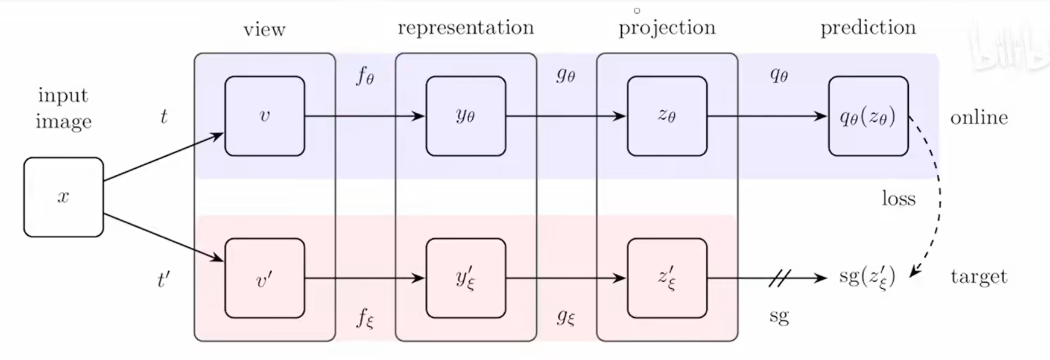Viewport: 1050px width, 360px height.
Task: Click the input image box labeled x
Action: click(x=63, y=197)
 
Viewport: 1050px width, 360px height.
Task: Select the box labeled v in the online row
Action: click(x=265, y=116)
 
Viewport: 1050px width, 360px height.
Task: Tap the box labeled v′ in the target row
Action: click(x=265, y=278)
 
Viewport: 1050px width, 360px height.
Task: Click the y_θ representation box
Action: click(x=466, y=116)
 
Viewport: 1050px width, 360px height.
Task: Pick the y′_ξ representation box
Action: click(x=466, y=278)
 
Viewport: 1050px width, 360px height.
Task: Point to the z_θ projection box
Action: click(x=667, y=116)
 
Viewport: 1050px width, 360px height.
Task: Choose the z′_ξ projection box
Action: click(x=667, y=278)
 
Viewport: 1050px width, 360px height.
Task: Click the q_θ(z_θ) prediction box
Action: click(x=868, y=116)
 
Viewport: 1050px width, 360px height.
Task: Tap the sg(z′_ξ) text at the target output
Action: click(x=867, y=277)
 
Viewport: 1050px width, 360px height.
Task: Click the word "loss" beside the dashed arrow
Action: click(x=899, y=199)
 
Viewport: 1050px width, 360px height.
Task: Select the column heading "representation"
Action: click(x=466, y=28)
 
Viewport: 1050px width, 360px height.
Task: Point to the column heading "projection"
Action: click(x=667, y=28)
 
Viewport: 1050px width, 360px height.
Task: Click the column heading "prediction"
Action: click(x=868, y=28)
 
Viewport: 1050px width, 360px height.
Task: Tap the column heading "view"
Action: click(x=264, y=30)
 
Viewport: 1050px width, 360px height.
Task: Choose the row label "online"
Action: click(x=979, y=117)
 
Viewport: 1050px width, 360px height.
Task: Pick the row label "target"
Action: click(x=979, y=277)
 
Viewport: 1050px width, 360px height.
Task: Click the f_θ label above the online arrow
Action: click(x=365, y=77)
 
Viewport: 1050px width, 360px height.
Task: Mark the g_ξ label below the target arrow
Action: click(x=566, y=317)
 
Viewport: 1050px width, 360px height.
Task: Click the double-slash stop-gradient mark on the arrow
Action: click(x=779, y=278)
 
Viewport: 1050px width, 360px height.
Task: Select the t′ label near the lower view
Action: click(x=163, y=280)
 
